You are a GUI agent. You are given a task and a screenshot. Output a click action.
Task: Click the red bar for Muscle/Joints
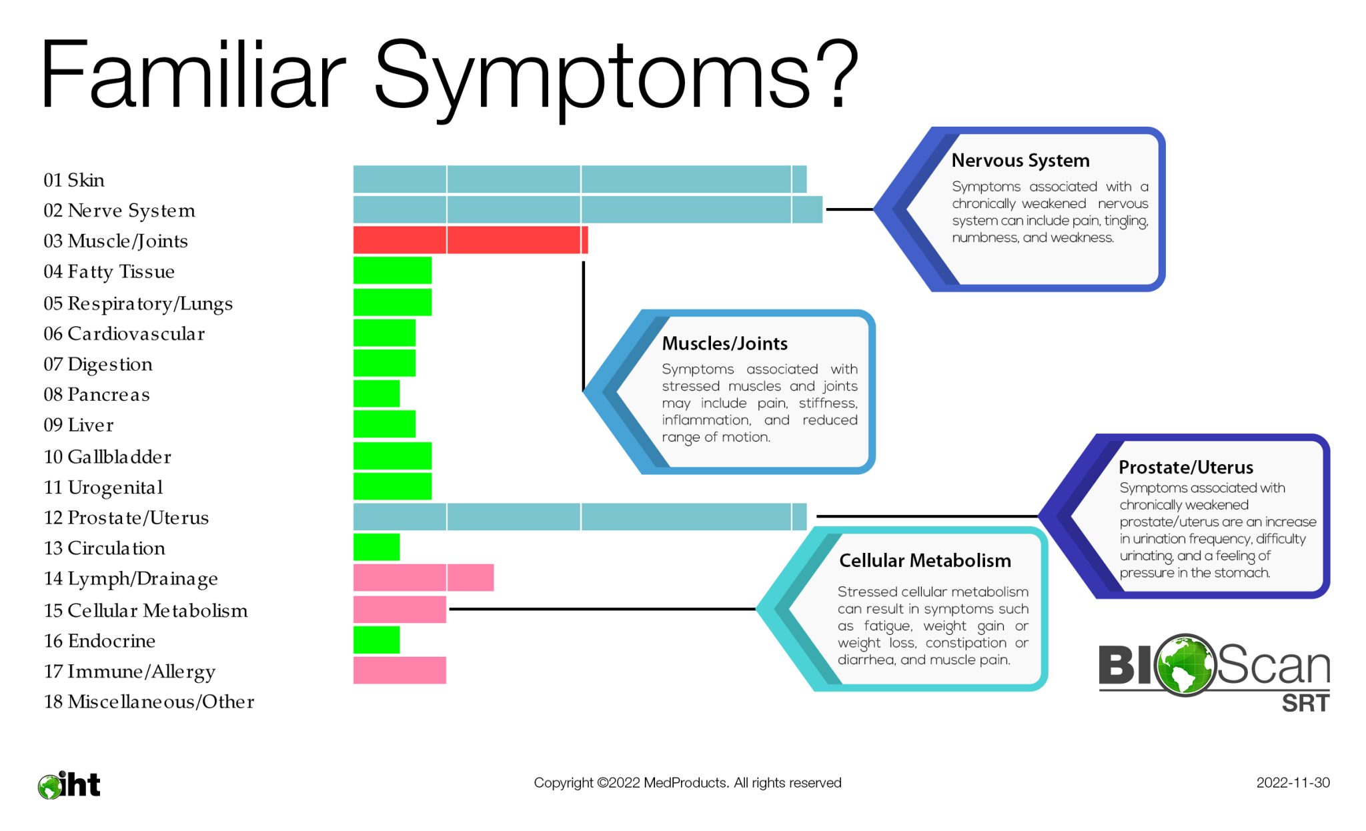point(470,240)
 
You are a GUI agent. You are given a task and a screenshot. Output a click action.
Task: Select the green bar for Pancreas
point(376,393)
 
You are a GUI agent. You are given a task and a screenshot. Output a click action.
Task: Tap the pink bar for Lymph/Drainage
point(424,578)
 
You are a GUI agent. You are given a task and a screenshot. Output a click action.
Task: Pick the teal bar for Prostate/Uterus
point(580,517)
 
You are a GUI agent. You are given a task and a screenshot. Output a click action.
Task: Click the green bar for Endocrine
point(376,640)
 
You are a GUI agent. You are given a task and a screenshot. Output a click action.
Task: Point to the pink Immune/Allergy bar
point(400,670)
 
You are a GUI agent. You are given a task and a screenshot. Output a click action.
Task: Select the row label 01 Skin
point(74,180)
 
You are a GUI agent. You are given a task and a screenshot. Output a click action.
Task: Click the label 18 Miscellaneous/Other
point(149,702)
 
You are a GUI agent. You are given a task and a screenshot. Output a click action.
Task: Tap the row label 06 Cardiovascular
point(124,333)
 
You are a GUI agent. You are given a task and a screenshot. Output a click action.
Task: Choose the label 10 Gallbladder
point(107,457)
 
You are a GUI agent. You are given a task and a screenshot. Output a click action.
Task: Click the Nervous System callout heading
point(1020,161)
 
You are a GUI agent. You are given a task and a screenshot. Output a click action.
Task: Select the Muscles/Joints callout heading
point(724,343)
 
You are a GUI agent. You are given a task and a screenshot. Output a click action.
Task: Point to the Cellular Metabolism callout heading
point(924,561)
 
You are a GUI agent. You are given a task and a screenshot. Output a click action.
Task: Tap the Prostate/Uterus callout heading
point(1185,467)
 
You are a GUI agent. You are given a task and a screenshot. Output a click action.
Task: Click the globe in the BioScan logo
point(1185,664)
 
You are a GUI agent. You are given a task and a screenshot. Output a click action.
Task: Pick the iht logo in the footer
point(69,785)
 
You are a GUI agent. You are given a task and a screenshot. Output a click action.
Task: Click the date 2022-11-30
point(1293,783)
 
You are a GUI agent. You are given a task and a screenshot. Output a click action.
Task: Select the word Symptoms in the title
point(592,75)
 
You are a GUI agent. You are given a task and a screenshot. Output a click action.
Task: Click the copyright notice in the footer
point(687,783)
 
